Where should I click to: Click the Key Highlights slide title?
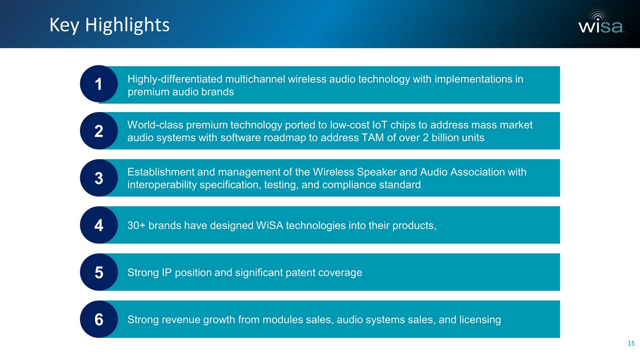pyautogui.click(x=109, y=25)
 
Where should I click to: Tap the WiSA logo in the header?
pyautogui.click(x=601, y=21)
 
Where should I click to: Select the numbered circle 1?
pyautogui.click(x=99, y=84)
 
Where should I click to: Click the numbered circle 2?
pyautogui.click(x=99, y=131)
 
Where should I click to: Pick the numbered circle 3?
pyautogui.click(x=99, y=178)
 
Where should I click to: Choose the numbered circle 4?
pyautogui.click(x=99, y=225)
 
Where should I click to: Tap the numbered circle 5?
pyautogui.click(x=99, y=272)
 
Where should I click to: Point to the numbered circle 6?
pyautogui.click(x=99, y=319)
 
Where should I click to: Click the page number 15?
pyautogui.click(x=631, y=343)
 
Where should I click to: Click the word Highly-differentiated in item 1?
pyautogui.click(x=175, y=79)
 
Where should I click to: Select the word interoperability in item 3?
pyautogui.click(x=162, y=185)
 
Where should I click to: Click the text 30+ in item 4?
pyautogui.click(x=136, y=226)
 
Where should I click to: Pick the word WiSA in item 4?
pyautogui.click(x=269, y=226)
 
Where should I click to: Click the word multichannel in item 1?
pyautogui.click(x=255, y=79)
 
